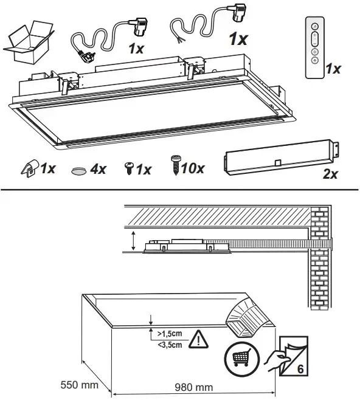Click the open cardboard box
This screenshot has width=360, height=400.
click(x=29, y=43)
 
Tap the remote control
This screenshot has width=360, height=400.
click(x=315, y=47)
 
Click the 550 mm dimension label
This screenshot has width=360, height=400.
click(x=79, y=385)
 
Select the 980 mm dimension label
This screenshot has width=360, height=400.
click(x=193, y=387)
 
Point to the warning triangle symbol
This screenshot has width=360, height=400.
click(x=198, y=340)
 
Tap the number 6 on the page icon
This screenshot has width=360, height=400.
click(x=300, y=369)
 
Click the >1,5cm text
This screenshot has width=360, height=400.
click(x=170, y=334)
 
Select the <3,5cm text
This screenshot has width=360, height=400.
click(x=170, y=345)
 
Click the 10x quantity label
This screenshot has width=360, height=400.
click(x=193, y=168)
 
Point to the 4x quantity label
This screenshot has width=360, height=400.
click(x=98, y=169)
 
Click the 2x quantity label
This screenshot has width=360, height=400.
click(x=330, y=174)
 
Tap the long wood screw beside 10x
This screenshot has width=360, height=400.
click(x=176, y=165)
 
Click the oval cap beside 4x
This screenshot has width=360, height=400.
click(x=78, y=171)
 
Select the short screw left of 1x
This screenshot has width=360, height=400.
click(x=130, y=168)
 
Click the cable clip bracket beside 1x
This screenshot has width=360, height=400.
click(x=30, y=168)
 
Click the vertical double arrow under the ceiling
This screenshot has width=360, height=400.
click(x=133, y=240)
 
